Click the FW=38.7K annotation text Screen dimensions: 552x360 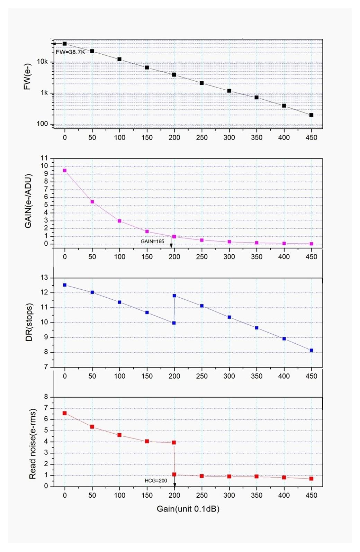[x=70, y=52]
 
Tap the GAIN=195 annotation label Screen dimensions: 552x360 [x=152, y=241]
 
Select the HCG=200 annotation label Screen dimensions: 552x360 [x=156, y=481]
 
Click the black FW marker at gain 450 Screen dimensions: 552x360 [x=311, y=115]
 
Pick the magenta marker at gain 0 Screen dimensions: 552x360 [x=65, y=171]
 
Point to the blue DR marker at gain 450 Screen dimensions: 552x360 [x=311, y=350]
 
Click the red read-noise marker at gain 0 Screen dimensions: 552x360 [x=65, y=413]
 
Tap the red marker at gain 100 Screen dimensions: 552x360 [x=119, y=435]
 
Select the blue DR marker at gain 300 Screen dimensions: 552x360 [x=229, y=317]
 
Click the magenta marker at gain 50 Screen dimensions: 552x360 [x=92, y=202]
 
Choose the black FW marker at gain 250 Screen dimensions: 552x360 [x=202, y=83]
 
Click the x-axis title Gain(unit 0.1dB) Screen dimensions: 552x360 [x=188, y=509]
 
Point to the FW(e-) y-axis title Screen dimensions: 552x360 [x=27, y=76]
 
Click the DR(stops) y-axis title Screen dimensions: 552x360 [x=29, y=322]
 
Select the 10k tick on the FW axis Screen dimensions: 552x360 [x=42, y=62]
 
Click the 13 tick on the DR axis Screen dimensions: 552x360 [x=45, y=278]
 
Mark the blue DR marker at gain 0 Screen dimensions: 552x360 [x=65, y=285]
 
